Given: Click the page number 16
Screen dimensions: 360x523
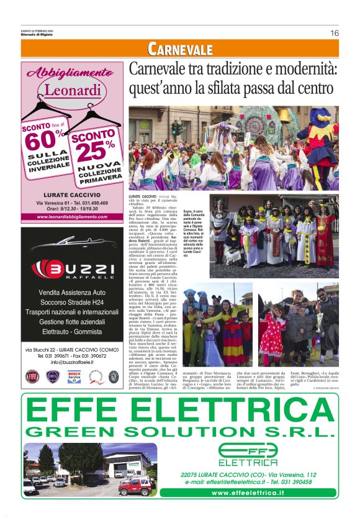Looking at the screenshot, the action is [334, 33].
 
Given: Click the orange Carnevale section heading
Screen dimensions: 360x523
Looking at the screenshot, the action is [180, 50].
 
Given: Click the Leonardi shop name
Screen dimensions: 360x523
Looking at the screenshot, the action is [63, 91].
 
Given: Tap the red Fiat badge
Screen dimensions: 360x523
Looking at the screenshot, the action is [31, 376].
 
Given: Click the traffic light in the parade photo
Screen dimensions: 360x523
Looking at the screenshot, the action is [176, 128].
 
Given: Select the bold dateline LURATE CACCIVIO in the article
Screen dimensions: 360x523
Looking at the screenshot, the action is [143, 196].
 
